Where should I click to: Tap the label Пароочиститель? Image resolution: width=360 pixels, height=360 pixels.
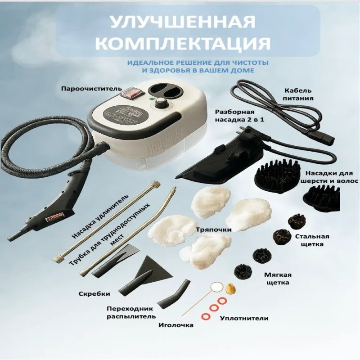click(91, 89)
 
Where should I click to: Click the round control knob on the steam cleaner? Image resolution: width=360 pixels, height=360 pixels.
click(160, 102)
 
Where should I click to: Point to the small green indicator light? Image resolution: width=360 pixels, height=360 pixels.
click(151, 100)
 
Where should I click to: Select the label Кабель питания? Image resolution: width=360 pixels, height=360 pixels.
click(298, 94)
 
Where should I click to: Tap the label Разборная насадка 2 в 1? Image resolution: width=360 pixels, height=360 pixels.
click(239, 116)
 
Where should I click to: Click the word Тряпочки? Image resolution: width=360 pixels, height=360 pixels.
click(214, 229)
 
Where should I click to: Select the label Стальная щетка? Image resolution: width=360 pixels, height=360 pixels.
click(312, 240)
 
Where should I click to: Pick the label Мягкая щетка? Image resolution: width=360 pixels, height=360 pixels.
click(278, 279)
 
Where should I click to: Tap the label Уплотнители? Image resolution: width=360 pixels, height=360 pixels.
click(244, 318)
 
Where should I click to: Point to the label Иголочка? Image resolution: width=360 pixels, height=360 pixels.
click(176, 325)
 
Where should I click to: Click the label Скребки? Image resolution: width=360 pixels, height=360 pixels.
click(94, 294)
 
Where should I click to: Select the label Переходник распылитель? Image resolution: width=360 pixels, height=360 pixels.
click(131, 313)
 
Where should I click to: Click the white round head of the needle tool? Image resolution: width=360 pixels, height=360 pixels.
click(217, 287)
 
